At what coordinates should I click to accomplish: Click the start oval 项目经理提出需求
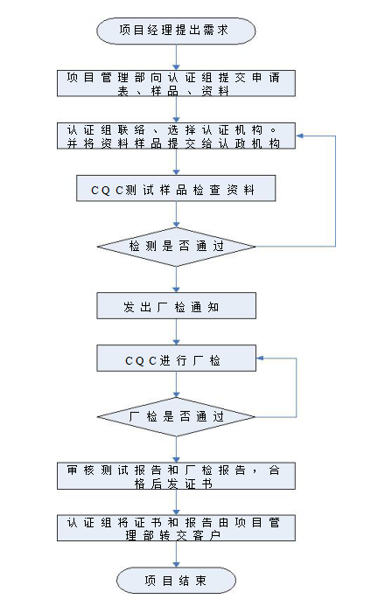click(x=176, y=31)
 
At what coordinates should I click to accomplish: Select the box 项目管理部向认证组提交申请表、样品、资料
click(x=176, y=83)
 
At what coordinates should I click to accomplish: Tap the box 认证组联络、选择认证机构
click(x=176, y=136)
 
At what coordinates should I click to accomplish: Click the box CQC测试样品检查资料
click(x=176, y=188)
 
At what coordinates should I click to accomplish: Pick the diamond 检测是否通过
click(x=176, y=247)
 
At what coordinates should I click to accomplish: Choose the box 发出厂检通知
click(x=177, y=306)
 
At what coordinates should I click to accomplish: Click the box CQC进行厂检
click(x=177, y=359)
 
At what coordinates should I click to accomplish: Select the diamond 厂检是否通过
click(x=176, y=417)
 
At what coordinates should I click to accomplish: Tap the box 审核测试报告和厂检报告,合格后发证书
click(x=176, y=477)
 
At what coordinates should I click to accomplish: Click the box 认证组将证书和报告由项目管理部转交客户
click(x=176, y=528)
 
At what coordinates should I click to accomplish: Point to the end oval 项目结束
click(x=176, y=581)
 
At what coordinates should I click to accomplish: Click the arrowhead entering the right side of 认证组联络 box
click(x=299, y=136)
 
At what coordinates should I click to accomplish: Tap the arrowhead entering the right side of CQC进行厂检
click(x=260, y=359)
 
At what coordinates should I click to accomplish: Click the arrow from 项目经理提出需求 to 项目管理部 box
click(x=176, y=57)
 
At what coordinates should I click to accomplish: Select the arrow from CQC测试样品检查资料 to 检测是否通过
click(x=176, y=214)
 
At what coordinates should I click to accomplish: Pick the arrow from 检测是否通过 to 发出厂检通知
click(x=176, y=280)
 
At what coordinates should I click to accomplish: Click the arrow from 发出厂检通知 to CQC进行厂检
click(x=176, y=332)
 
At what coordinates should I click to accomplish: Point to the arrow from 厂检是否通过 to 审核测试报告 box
click(x=176, y=449)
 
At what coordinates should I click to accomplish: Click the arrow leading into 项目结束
click(x=176, y=554)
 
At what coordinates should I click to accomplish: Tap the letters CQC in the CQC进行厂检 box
click(x=141, y=360)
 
